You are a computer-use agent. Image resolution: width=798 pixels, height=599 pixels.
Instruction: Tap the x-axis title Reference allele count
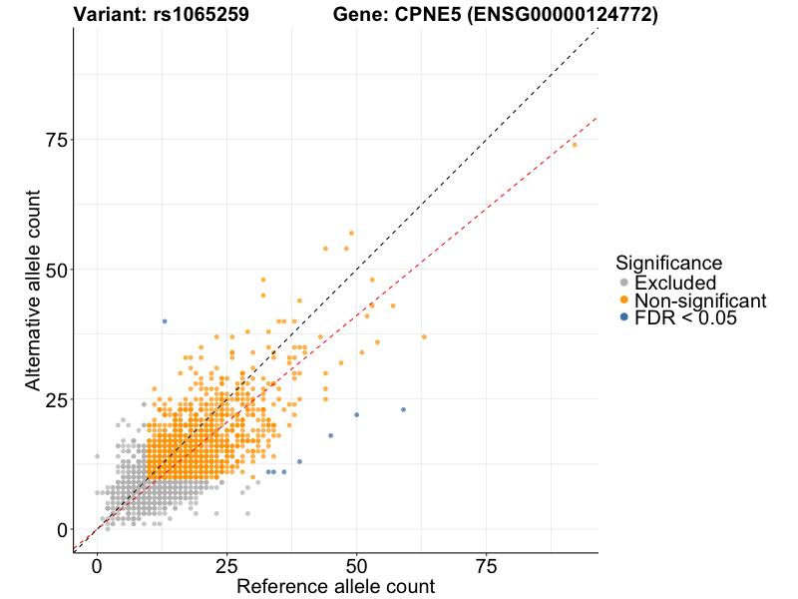coord(335,586)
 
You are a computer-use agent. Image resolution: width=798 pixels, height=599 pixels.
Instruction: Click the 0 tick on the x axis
coord(97,566)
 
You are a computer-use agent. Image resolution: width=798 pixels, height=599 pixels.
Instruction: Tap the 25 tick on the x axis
coord(226,566)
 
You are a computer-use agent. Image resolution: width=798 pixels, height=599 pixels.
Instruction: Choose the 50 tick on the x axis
coord(356,566)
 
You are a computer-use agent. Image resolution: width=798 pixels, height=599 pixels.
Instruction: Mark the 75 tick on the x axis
coord(486,566)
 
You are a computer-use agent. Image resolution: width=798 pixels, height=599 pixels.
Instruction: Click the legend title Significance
coord(668,264)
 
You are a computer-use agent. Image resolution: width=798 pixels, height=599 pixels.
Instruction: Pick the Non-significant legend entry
coord(699,300)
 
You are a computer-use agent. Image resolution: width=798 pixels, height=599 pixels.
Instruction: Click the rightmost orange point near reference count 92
coord(574,145)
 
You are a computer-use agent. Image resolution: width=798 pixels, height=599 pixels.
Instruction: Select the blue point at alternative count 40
coord(165,321)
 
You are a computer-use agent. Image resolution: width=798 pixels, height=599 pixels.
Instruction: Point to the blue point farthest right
coord(403,409)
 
